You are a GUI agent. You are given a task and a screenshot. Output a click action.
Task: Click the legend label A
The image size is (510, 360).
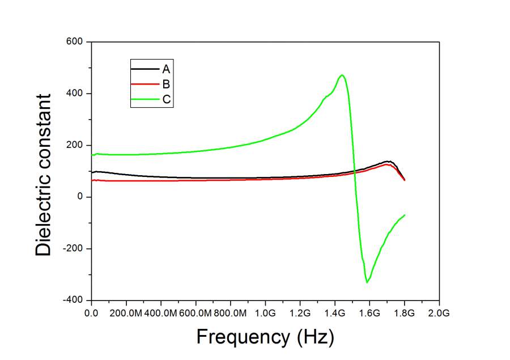pyautogui.click(x=166, y=69)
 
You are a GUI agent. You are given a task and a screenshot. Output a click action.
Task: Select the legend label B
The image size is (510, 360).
pyautogui.click(x=166, y=85)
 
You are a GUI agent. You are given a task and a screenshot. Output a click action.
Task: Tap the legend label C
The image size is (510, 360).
pyautogui.click(x=167, y=100)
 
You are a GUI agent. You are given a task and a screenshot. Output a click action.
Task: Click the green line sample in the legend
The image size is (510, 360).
pyautogui.click(x=144, y=100)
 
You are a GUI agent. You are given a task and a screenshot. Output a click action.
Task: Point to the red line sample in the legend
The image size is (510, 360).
pyautogui.click(x=144, y=85)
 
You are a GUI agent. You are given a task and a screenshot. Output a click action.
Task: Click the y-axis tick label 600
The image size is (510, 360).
pyautogui.click(x=76, y=42)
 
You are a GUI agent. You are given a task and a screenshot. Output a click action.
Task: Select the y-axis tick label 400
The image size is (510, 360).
pyautogui.click(x=76, y=94)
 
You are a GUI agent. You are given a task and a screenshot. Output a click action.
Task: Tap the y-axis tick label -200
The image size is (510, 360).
pyautogui.click(x=75, y=248)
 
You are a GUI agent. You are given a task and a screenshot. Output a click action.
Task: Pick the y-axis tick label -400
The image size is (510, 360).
pyautogui.click(x=75, y=300)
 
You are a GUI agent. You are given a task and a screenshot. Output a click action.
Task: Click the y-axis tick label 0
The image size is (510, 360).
pyautogui.click(x=81, y=197)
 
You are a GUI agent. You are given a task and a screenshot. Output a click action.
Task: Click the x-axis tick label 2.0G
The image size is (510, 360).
pyautogui.click(x=439, y=312)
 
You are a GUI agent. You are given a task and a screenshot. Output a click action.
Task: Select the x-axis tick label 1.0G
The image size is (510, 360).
pyautogui.click(x=265, y=312)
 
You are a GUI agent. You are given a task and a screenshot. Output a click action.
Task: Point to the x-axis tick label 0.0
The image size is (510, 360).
pyautogui.click(x=91, y=312)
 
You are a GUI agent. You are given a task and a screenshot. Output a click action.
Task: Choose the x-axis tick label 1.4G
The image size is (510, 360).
pyautogui.click(x=335, y=312)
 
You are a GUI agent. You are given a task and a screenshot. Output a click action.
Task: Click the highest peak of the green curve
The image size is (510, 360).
pyautogui.click(x=342, y=75)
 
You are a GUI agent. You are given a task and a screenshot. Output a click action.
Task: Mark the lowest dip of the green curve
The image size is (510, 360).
pyautogui.click(x=367, y=282)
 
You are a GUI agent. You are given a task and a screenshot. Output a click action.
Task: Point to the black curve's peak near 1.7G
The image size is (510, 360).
pyautogui.click(x=389, y=161)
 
